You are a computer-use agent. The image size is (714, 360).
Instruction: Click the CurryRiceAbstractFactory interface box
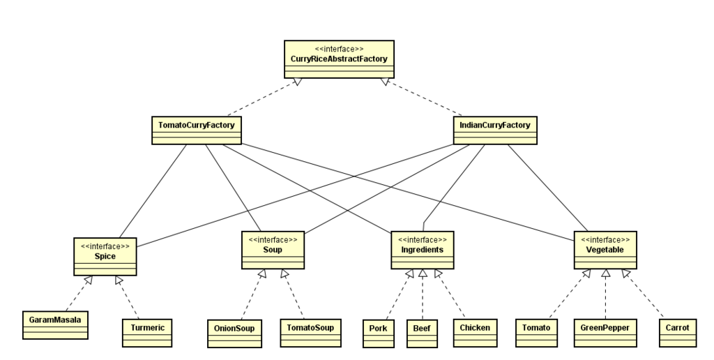pyautogui.click(x=339, y=59)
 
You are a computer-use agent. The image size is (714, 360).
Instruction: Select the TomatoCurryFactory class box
pyautogui.click(x=196, y=130)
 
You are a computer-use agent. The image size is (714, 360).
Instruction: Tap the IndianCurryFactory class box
pyautogui.click(x=495, y=130)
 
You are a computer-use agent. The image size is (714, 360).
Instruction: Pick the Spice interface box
pyautogui.click(x=105, y=257)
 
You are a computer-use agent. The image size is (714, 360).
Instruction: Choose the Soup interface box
pyautogui.click(x=273, y=250)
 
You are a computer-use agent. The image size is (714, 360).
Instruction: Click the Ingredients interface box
pyautogui.click(x=422, y=250)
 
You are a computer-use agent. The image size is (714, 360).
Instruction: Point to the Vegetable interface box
pyautogui.click(x=605, y=250)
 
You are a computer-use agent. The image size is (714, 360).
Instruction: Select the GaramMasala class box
pyautogui.click(x=55, y=325)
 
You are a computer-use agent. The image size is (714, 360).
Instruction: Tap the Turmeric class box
pyautogui.click(x=147, y=333)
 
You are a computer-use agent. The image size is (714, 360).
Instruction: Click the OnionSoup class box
pyautogui.click(x=234, y=333)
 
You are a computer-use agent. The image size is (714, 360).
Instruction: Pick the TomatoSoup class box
pyautogui.click(x=310, y=333)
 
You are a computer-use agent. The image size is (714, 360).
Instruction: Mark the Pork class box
pyautogui.click(x=379, y=333)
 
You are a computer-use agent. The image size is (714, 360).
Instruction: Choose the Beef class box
pyautogui.click(x=422, y=333)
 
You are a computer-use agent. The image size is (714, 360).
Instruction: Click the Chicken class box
pyautogui.click(x=475, y=333)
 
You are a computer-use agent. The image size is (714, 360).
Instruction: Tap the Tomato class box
pyautogui.click(x=536, y=333)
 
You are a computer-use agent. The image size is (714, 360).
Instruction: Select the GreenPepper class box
pyautogui.click(x=605, y=333)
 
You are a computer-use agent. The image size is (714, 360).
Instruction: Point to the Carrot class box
pyautogui.click(x=678, y=333)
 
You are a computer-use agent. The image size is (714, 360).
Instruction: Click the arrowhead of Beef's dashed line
pyautogui.click(x=423, y=273)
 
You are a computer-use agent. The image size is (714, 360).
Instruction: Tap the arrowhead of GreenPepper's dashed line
pyautogui.click(x=606, y=273)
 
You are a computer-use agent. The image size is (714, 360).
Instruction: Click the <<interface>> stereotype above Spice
pyautogui.click(x=105, y=246)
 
